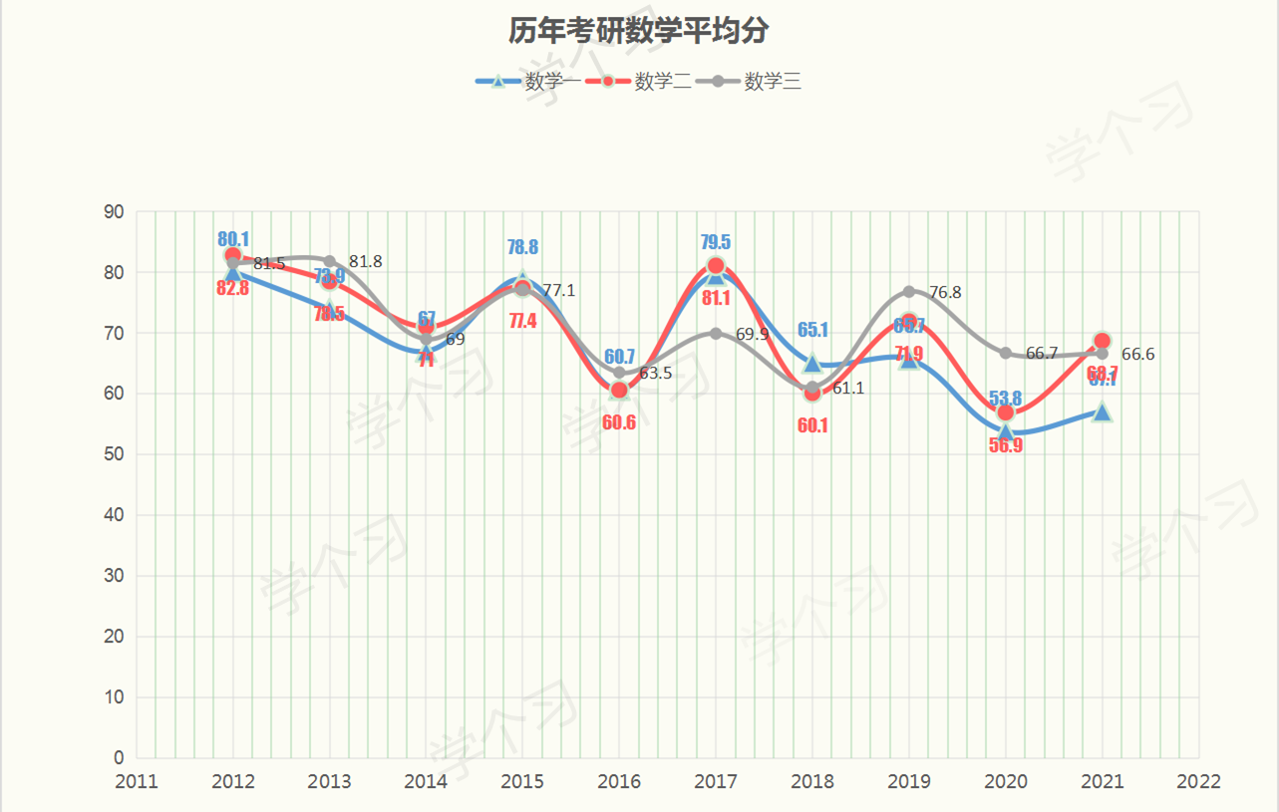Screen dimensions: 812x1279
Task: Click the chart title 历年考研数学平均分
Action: [x=638, y=31]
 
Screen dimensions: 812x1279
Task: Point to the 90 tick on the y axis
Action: [x=114, y=211]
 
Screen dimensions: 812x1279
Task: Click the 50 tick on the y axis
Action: [x=114, y=454]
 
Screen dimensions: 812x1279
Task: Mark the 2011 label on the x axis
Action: [x=137, y=782]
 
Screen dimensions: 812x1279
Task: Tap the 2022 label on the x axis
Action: [x=1198, y=782]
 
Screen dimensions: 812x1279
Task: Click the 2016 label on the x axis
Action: [x=619, y=782]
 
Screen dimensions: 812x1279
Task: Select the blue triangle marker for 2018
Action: [x=812, y=363]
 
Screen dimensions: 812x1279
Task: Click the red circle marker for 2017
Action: [x=716, y=266]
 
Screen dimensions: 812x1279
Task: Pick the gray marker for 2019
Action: [x=909, y=292]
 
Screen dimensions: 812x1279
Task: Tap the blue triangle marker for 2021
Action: [x=1102, y=411]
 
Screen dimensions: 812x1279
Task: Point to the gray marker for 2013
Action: [x=330, y=261]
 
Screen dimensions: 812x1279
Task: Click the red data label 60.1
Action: [x=812, y=425]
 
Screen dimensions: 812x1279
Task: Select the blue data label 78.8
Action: [x=522, y=247]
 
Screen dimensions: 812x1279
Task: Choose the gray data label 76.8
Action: [x=945, y=293]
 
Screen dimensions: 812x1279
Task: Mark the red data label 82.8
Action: [x=232, y=289]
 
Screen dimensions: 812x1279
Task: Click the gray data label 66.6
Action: [x=1137, y=355]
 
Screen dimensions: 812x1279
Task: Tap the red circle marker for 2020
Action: [x=1005, y=412]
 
